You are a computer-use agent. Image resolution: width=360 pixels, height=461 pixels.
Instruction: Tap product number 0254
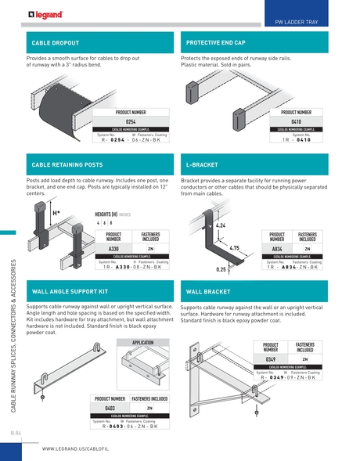[131, 121]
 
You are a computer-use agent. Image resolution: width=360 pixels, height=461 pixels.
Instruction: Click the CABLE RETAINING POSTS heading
[67, 166]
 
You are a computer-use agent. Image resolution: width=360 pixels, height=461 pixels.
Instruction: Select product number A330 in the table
[113, 247]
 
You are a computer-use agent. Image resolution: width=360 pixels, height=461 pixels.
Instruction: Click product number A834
[276, 247]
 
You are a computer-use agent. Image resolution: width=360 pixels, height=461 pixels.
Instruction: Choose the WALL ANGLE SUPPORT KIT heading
[70, 290]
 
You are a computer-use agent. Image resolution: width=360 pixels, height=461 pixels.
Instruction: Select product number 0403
[112, 408]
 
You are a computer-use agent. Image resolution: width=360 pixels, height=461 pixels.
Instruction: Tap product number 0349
[271, 359]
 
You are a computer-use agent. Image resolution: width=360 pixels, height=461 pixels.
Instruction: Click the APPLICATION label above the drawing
[142, 343]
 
